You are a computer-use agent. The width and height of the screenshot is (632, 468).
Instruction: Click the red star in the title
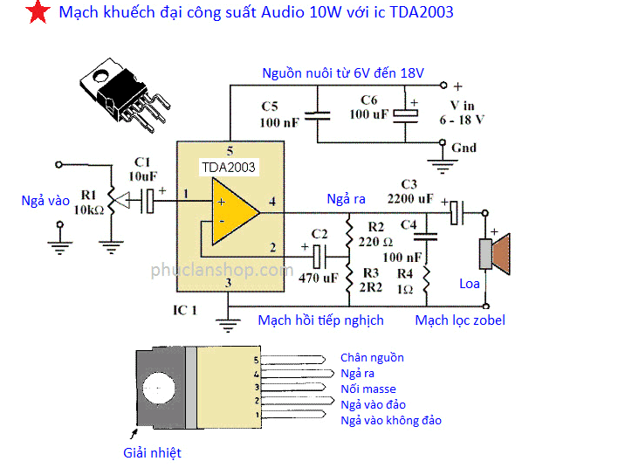pyautogui.click(x=36, y=14)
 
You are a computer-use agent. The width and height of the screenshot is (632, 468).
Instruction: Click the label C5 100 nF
pyautogui.click(x=279, y=114)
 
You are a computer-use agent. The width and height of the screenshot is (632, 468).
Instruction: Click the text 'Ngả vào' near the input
pyautogui.click(x=45, y=201)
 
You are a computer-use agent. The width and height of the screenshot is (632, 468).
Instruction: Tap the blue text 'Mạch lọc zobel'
pyautogui.click(x=460, y=320)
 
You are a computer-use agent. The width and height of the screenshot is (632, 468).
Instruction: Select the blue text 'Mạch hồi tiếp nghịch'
pyautogui.click(x=320, y=320)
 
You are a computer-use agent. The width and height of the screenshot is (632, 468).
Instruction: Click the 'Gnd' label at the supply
pyautogui.click(x=464, y=148)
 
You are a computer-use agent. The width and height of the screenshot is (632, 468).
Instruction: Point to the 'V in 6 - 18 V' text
pyautogui.click(x=462, y=112)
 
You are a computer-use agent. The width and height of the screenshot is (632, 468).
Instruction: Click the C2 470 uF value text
pyautogui.click(x=318, y=279)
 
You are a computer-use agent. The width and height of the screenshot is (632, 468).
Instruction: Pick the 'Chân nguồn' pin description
pyautogui.click(x=372, y=358)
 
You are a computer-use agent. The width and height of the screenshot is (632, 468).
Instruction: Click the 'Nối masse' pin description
pyautogui.click(x=368, y=389)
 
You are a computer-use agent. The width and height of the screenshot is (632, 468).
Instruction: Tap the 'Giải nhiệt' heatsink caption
pyautogui.click(x=152, y=452)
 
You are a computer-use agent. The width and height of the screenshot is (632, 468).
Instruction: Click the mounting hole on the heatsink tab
pyautogui.click(x=158, y=388)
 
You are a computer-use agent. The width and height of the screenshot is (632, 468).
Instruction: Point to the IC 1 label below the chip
pyautogui.click(x=185, y=310)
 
